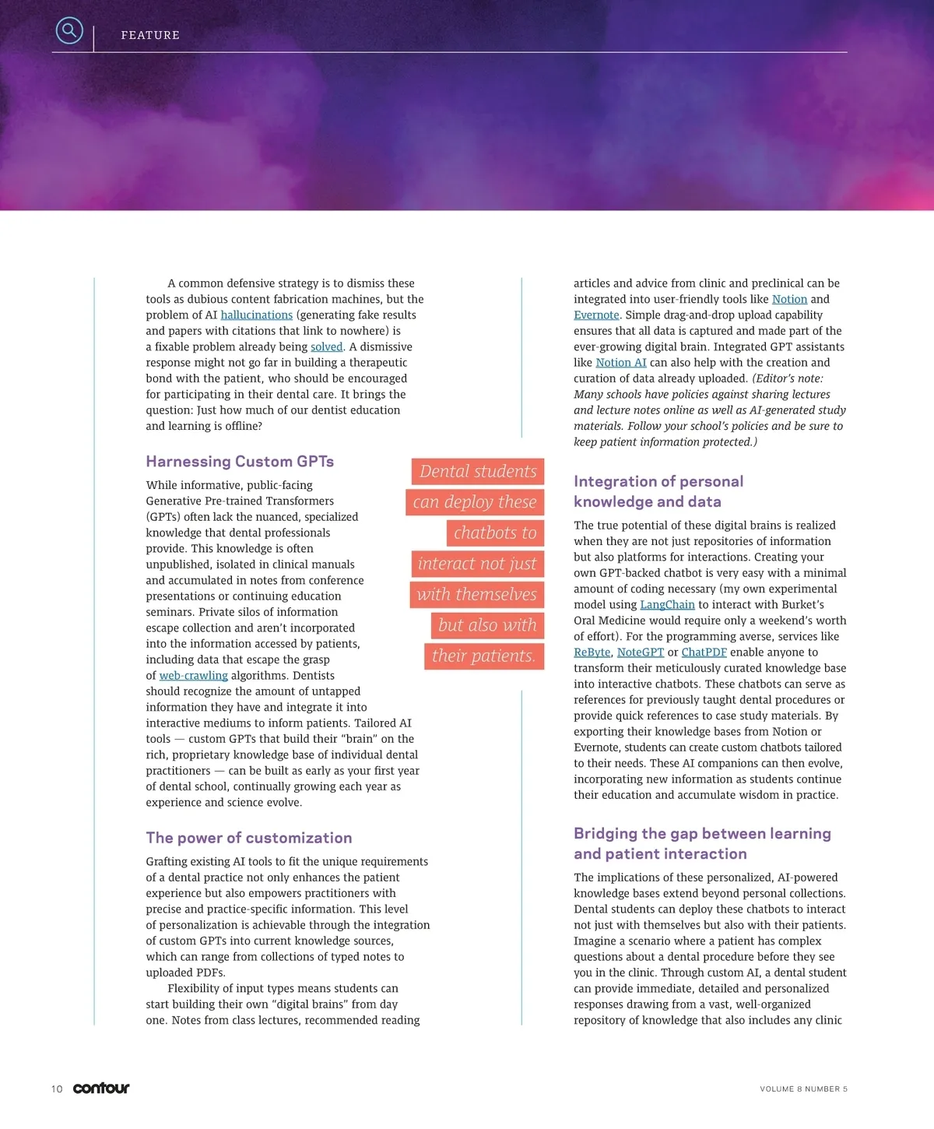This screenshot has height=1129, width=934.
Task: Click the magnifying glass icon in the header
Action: click(x=69, y=30)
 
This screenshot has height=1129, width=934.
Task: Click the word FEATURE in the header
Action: click(x=150, y=35)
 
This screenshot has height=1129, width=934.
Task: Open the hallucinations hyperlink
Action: click(x=256, y=315)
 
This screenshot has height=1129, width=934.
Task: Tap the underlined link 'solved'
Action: click(x=326, y=347)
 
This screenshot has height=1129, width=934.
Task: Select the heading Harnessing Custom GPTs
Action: click(x=240, y=462)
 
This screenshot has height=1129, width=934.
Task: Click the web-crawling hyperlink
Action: click(x=193, y=676)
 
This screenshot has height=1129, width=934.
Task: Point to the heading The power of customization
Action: click(x=249, y=838)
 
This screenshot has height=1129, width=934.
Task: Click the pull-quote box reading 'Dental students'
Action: click(x=478, y=472)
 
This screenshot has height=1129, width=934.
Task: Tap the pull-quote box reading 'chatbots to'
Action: click(x=495, y=533)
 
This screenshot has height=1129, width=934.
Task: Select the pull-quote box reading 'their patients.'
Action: click(x=483, y=656)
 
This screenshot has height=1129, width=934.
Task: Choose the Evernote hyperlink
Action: click(x=596, y=315)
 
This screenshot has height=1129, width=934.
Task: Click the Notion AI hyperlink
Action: click(x=620, y=363)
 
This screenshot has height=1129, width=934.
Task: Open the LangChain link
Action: click(x=667, y=605)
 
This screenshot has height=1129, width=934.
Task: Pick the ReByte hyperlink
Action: click(x=592, y=652)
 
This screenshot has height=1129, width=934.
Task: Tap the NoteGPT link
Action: click(x=640, y=652)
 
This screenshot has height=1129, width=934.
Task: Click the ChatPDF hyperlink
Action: click(x=704, y=652)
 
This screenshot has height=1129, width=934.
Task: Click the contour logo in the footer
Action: click(x=101, y=1089)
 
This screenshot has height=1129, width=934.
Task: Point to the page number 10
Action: click(x=57, y=1089)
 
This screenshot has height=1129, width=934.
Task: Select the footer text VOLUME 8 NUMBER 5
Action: click(x=803, y=1089)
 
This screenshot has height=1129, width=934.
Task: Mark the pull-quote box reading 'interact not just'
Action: click(x=477, y=564)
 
